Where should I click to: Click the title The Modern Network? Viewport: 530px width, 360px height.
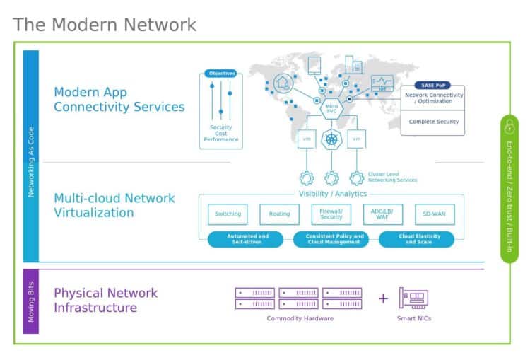tap(105, 25)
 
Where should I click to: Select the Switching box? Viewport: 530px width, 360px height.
tap(227, 214)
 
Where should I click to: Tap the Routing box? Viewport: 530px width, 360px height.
tap(279, 214)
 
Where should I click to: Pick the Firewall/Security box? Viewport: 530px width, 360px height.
tap(331, 214)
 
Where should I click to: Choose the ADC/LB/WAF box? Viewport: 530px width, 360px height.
tap(382, 214)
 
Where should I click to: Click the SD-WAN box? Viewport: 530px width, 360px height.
tap(435, 214)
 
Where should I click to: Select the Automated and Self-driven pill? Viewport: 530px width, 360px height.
tap(245, 239)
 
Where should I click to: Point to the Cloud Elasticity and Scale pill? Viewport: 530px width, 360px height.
tap(416, 239)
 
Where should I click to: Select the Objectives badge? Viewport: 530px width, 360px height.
tap(220, 73)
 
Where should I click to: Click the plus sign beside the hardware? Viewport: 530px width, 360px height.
tap(382, 298)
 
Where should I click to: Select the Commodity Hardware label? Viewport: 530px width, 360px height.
tap(300, 318)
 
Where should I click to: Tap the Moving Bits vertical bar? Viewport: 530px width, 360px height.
tap(31, 301)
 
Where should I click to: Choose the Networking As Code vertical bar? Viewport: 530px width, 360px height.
tap(31, 156)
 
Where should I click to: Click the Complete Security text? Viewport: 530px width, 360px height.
tap(433, 122)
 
